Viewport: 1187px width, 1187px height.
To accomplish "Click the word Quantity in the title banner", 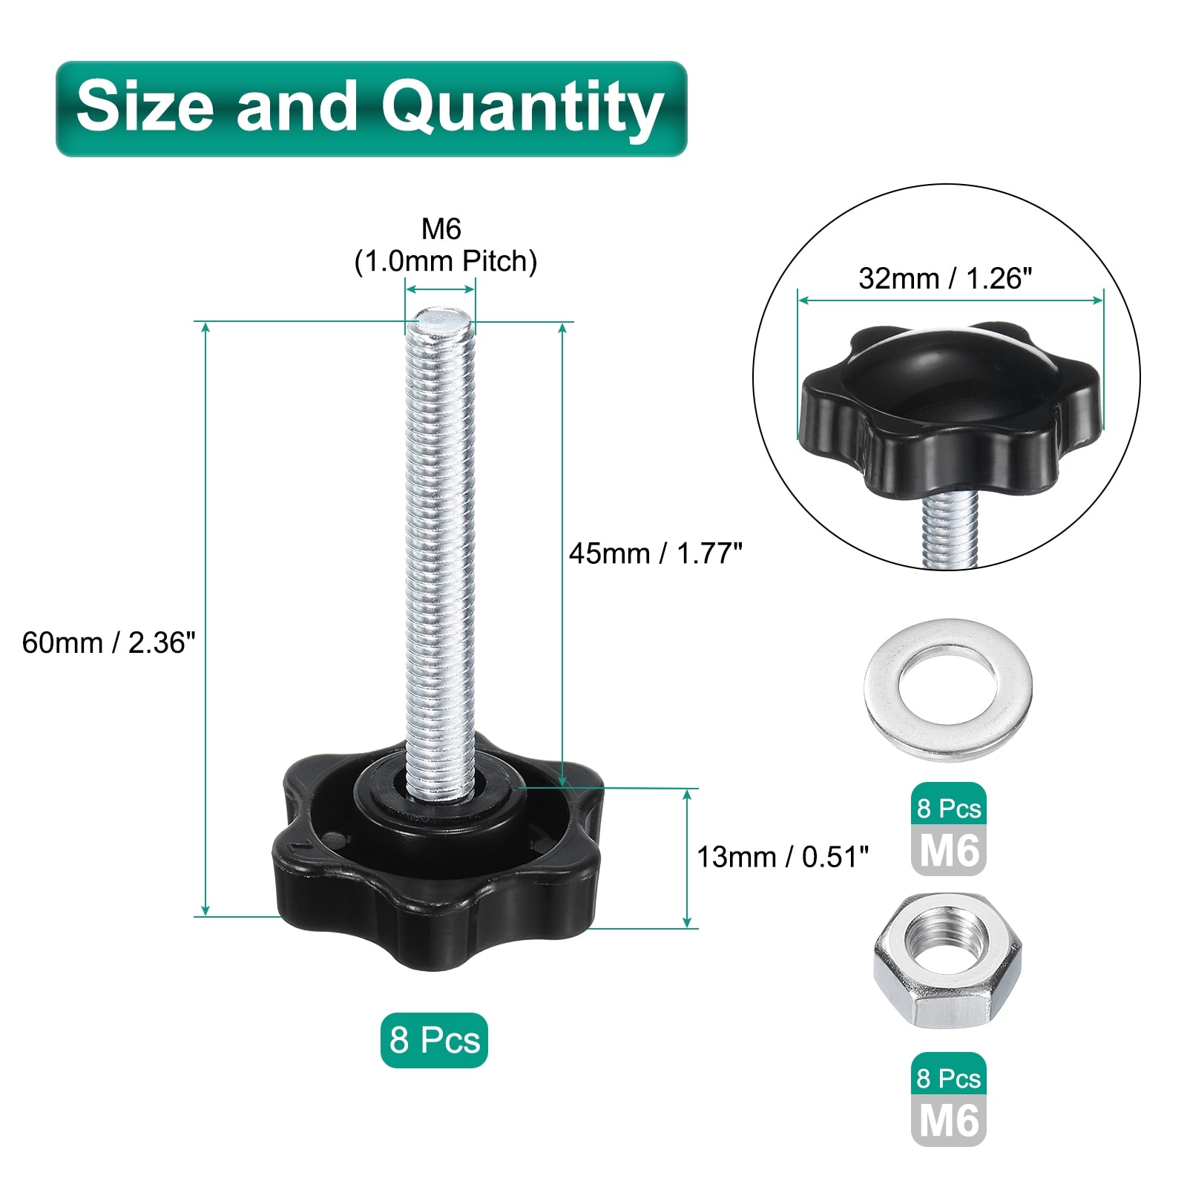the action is [x=522, y=109].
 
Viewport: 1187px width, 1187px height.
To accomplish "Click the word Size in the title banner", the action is [x=145, y=106].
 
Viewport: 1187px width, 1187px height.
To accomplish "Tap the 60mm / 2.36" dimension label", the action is [x=109, y=642].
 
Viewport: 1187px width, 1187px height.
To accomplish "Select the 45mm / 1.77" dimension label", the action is [x=656, y=553].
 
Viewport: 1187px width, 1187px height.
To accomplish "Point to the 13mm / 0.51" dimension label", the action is [x=783, y=857].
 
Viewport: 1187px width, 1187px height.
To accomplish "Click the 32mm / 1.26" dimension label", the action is [x=945, y=278].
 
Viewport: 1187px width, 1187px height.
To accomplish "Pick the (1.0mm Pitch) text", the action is [x=445, y=262].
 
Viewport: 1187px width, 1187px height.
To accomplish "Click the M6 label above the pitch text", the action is [x=441, y=229].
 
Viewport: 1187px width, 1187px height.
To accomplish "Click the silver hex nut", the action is [x=947, y=961].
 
